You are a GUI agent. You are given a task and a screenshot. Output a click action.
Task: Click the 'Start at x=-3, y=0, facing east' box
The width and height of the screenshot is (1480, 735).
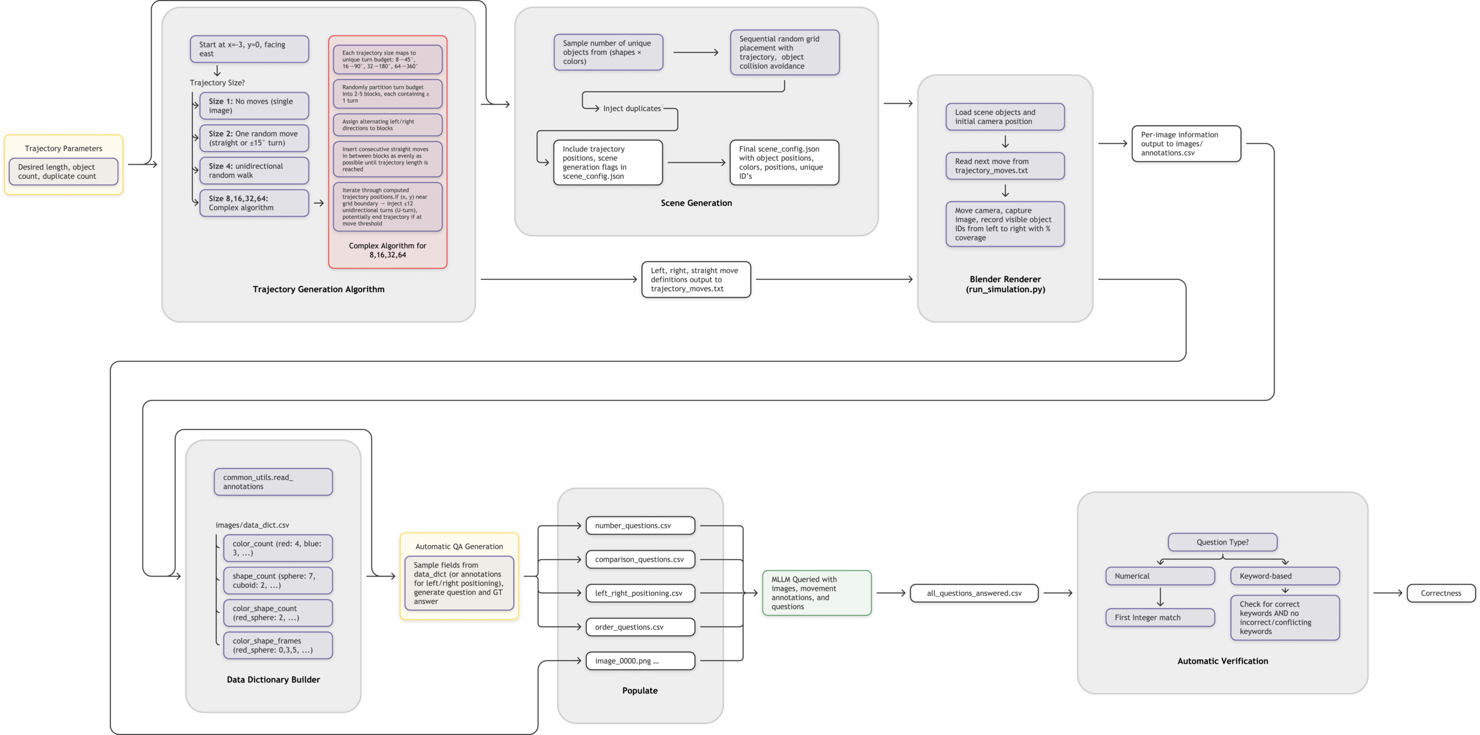pyautogui.click(x=249, y=49)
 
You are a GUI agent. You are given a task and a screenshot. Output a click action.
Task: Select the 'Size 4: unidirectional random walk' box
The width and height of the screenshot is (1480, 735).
pyautogui.click(x=254, y=171)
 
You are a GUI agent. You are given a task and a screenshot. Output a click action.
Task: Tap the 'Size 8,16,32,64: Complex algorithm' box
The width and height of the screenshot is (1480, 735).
pyautogui.click(x=254, y=203)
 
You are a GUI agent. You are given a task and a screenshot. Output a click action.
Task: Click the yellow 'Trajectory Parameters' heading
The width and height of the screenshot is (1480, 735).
pyautogui.click(x=64, y=149)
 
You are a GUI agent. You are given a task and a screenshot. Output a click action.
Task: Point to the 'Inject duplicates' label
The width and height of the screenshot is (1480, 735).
pyautogui.click(x=631, y=109)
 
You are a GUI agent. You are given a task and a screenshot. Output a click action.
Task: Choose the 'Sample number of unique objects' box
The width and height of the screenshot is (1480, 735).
pyautogui.click(x=608, y=52)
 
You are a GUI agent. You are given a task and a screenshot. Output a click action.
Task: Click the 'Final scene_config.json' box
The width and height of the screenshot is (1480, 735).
pyautogui.click(x=784, y=163)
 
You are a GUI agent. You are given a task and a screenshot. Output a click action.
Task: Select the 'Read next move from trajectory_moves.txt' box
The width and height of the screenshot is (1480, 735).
pyautogui.click(x=1005, y=166)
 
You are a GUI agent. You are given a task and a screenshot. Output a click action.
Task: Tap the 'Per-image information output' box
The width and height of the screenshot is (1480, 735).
pyautogui.click(x=1186, y=144)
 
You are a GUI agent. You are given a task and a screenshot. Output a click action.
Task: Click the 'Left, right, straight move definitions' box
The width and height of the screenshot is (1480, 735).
pyautogui.click(x=696, y=280)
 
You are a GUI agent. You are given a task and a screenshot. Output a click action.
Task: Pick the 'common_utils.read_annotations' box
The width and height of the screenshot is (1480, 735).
pyautogui.click(x=273, y=482)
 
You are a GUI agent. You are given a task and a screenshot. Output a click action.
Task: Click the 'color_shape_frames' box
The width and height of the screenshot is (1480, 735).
pyautogui.click(x=277, y=646)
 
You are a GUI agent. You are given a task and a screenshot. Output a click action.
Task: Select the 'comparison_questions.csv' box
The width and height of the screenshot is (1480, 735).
pyautogui.click(x=640, y=560)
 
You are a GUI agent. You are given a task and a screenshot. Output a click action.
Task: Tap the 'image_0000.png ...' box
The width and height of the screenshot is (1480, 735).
pyautogui.click(x=640, y=661)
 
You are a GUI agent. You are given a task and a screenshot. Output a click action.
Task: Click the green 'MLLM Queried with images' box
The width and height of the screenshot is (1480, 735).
pyautogui.click(x=816, y=593)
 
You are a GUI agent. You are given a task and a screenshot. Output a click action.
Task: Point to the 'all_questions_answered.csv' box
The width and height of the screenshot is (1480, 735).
pyautogui.click(x=974, y=594)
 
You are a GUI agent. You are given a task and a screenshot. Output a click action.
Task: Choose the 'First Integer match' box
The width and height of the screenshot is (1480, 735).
pyautogui.click(x=1160, y=618)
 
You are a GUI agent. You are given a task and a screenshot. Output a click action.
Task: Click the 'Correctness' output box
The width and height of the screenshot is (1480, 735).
pyautogui.click(x=1441, y=594)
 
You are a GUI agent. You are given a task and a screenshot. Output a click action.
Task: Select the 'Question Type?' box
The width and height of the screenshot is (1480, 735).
pyautogui.click(x=1222, y=543)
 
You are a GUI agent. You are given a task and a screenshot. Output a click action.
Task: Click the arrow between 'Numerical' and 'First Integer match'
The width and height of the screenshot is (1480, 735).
pyautogui.click(x=1161, y=597)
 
